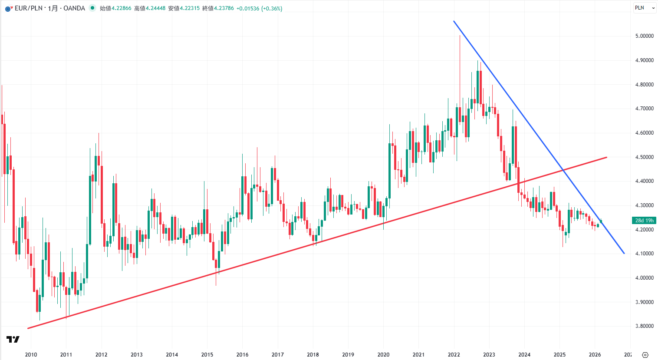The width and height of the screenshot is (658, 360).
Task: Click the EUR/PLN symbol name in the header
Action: tap(29, 8)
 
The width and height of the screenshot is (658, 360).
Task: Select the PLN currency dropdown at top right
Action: tap(645, 8)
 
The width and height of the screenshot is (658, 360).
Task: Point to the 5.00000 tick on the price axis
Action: tap(644, 36)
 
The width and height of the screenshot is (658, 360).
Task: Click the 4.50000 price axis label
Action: tap(644, 157)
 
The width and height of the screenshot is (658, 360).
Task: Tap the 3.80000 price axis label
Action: tap(644, 326)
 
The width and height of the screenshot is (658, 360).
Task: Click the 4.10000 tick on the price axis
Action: tap(644, 254)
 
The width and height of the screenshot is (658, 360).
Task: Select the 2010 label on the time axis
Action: tap(31, 355)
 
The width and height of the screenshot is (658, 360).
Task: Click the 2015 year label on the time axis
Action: tap(207, 355)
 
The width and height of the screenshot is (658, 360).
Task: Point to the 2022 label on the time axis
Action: tap(454, 355)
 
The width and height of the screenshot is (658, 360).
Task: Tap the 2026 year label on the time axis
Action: tap(595, 355)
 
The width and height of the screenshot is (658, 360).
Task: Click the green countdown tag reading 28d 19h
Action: tap(645, 221)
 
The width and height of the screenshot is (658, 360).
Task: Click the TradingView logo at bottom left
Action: tap(13, 340)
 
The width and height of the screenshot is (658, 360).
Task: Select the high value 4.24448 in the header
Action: tap(155, 8)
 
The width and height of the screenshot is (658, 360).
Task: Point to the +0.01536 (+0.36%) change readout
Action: tap(259, 8)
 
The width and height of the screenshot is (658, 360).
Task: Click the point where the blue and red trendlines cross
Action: tap(563, 169)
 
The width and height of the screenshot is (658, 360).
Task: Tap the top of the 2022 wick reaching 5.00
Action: tap(460, 36)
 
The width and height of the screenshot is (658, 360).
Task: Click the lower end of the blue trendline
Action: tap(624, 253)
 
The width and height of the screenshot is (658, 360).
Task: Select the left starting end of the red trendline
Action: tap(28, 328)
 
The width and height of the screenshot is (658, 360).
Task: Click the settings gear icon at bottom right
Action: tap(645, 355)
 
